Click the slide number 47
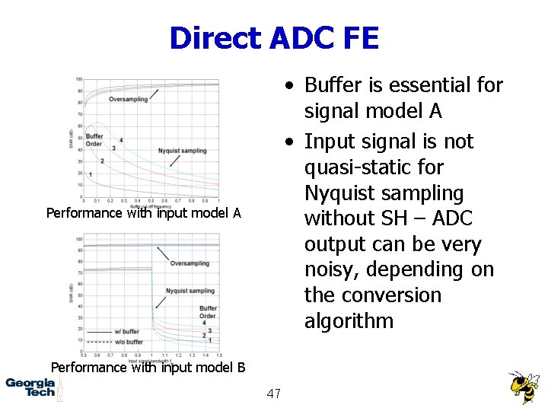coord(274,393)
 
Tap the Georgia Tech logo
coord(30,387)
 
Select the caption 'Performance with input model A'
coord(143,213)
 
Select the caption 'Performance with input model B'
coord(148,368)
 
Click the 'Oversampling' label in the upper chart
coord(128,100)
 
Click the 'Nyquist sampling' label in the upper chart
coord(182,151)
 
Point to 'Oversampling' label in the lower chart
coord(190,263)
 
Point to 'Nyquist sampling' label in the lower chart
coord(190,291)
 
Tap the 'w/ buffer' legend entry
coord(126,332)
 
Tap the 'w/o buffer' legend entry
coord(127,341)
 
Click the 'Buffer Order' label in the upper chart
coord(94,139)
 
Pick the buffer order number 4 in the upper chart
coord(121,140)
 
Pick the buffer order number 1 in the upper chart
coord(91,174)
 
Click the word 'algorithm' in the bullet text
coord(349,321)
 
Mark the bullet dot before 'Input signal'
coord(292,142)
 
